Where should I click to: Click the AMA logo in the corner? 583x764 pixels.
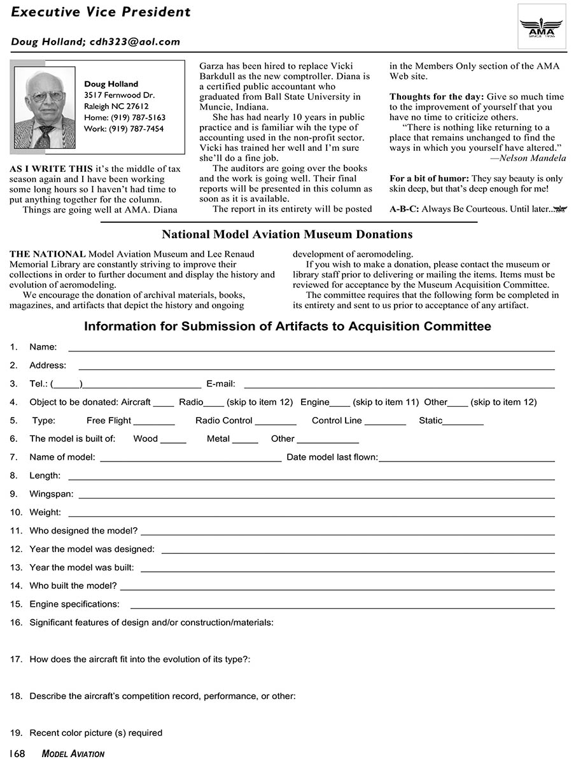[541, 26]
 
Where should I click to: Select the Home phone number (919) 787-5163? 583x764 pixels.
[138, 118]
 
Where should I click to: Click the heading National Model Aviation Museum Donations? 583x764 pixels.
[287, 235]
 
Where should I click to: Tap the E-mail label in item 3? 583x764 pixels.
[221, 384]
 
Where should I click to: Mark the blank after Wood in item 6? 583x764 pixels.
[173, 441]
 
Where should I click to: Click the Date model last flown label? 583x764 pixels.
[332, 457]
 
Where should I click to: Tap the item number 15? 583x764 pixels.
[15, 604]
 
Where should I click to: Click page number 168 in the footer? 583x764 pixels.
[17, 754]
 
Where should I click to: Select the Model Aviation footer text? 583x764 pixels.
[73, 754]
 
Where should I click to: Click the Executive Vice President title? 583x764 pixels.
[101, 12]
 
